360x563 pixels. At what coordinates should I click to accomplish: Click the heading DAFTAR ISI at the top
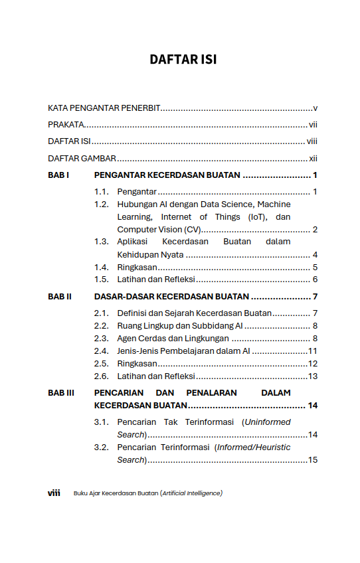[x=183, y=60]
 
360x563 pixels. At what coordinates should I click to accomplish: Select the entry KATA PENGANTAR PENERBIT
[x=104, y=108]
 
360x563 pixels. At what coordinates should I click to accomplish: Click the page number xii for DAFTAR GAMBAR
[x=313, y=158]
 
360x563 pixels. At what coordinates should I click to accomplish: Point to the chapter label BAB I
[x=58, y=175]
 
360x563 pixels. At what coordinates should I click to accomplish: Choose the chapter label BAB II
[x=60, y=296]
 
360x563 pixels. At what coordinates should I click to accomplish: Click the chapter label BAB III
[x=61, y=392]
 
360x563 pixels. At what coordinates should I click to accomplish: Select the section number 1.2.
[x=101, y=204]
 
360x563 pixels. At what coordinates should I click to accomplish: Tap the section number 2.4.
[x=101, y=351]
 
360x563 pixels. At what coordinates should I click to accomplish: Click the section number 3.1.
[x=101, y=422]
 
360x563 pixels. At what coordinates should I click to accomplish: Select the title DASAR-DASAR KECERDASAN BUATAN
[x=171, y=296]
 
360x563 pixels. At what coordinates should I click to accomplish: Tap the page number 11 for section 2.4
[x=312, y=351]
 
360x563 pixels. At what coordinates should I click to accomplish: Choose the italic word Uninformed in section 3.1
[x=267, y=422]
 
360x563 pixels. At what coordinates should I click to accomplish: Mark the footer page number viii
[x=54, y=493]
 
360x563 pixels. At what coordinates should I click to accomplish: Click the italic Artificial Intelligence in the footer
[x=191, y=493]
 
